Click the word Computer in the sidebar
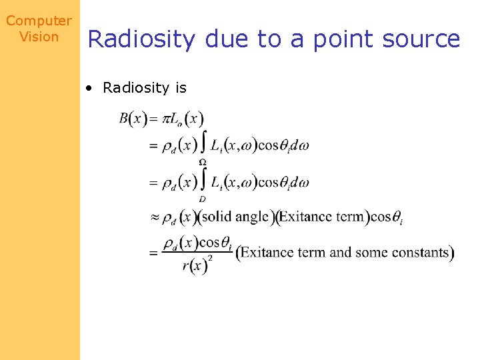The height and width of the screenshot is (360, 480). point(39,21)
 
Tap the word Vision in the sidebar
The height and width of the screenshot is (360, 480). point(39,37)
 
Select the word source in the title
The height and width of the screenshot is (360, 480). point(421,39)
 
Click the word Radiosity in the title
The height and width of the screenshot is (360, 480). point(141,40)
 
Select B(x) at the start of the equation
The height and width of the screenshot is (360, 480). point(133,119)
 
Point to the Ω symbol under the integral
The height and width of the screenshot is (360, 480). point(202,162)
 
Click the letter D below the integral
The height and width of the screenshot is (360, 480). point(202,199)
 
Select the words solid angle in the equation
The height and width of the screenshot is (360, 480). point(237,216)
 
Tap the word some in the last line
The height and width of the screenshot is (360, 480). point(372,252)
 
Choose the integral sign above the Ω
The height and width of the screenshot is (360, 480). point(203,143)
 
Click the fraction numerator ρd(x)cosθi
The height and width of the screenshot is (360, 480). point(197,243)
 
